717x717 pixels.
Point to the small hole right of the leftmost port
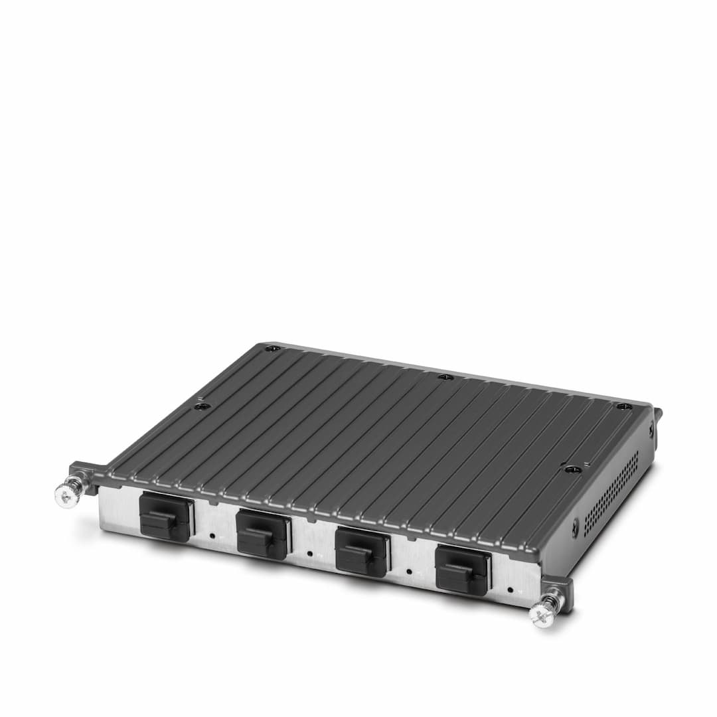tap(212, 534)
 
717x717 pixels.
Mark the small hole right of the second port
tap(310, 552)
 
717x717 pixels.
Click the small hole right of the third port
tap(409, 570)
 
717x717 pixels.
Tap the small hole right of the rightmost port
tap(510, 588)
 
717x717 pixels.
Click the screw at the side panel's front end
tap(575, 528)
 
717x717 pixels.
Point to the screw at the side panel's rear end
tap(651, 429)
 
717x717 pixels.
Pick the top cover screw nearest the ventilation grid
tap(573, 469)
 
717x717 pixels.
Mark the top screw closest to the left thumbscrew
tap(203, 406)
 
